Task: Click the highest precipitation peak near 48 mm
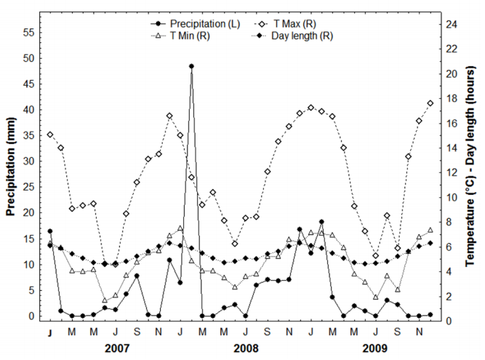[x=191, y=66]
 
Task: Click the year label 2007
[x=117, y=348]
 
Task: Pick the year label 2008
[x=246, y=348]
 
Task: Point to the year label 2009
[x=375, y=348]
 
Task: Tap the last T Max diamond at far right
[x=430, y=103]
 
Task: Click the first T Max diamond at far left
[x=50, y=135]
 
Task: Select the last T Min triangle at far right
[x=430, y=231]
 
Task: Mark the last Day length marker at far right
[x=430, y=243]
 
